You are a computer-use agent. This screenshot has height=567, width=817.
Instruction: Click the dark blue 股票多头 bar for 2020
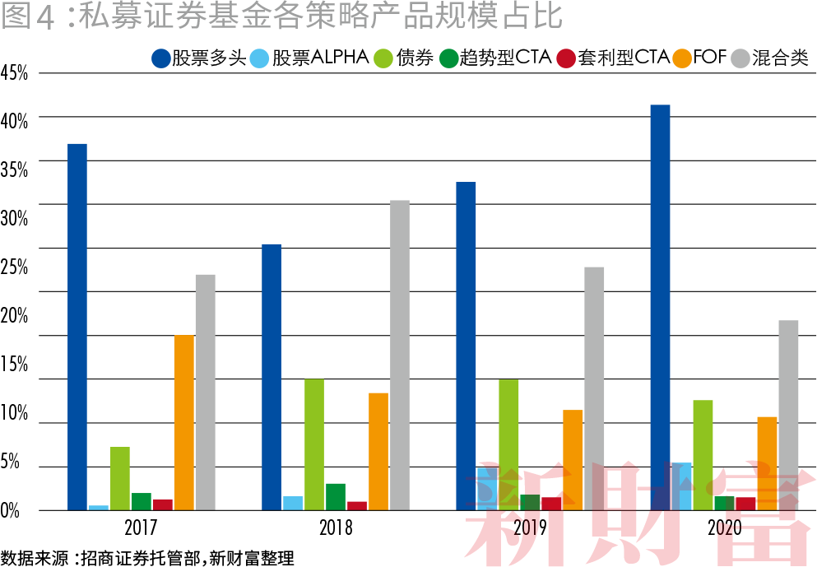(x=660, y=308)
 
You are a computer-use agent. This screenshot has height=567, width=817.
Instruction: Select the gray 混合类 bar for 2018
(x=400, y=356)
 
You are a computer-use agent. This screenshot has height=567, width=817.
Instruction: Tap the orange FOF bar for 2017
(x=184, y=422)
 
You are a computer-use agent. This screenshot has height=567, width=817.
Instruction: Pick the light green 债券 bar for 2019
(x=508, y=444)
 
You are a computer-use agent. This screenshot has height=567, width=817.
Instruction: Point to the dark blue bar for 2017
(x=77, y=327)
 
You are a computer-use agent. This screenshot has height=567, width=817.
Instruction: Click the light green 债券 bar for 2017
(x=120, y=478)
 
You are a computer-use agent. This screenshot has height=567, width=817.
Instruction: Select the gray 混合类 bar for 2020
(x=788, y=415)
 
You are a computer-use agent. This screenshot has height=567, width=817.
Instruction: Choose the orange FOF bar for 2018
(x=378, y=451)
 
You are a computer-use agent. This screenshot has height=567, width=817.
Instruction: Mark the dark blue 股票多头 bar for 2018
(x=272, y=377)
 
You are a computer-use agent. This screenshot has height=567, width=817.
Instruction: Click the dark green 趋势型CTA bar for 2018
(x=336, y=497)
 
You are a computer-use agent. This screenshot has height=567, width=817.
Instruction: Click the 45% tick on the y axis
(x=15, y=72)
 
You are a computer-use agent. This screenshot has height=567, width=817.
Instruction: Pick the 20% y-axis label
(x=15, y=316)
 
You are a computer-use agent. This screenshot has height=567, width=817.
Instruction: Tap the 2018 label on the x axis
(x=336, y=527)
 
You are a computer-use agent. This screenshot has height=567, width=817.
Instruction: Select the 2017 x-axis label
(x=142, y=527)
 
